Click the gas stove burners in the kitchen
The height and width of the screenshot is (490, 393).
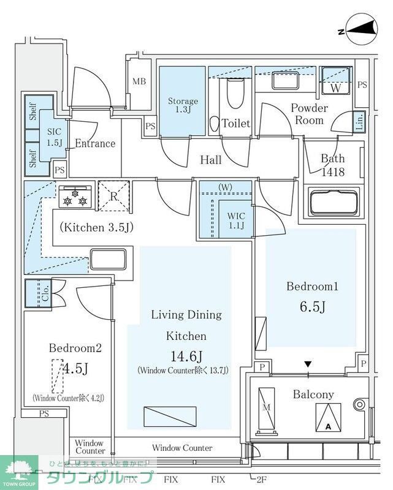point(76,195)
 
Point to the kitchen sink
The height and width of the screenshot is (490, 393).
point(108,258)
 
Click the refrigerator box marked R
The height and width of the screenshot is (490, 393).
point(115,195)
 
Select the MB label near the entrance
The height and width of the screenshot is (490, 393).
point(139,81)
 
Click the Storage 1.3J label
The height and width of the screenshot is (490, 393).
point(183,105)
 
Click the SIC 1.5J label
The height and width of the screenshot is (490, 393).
point(53,137)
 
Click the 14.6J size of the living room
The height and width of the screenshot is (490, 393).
point(187,355)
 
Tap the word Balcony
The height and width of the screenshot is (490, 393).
point(313,394)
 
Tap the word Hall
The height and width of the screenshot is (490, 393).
point(211,160)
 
